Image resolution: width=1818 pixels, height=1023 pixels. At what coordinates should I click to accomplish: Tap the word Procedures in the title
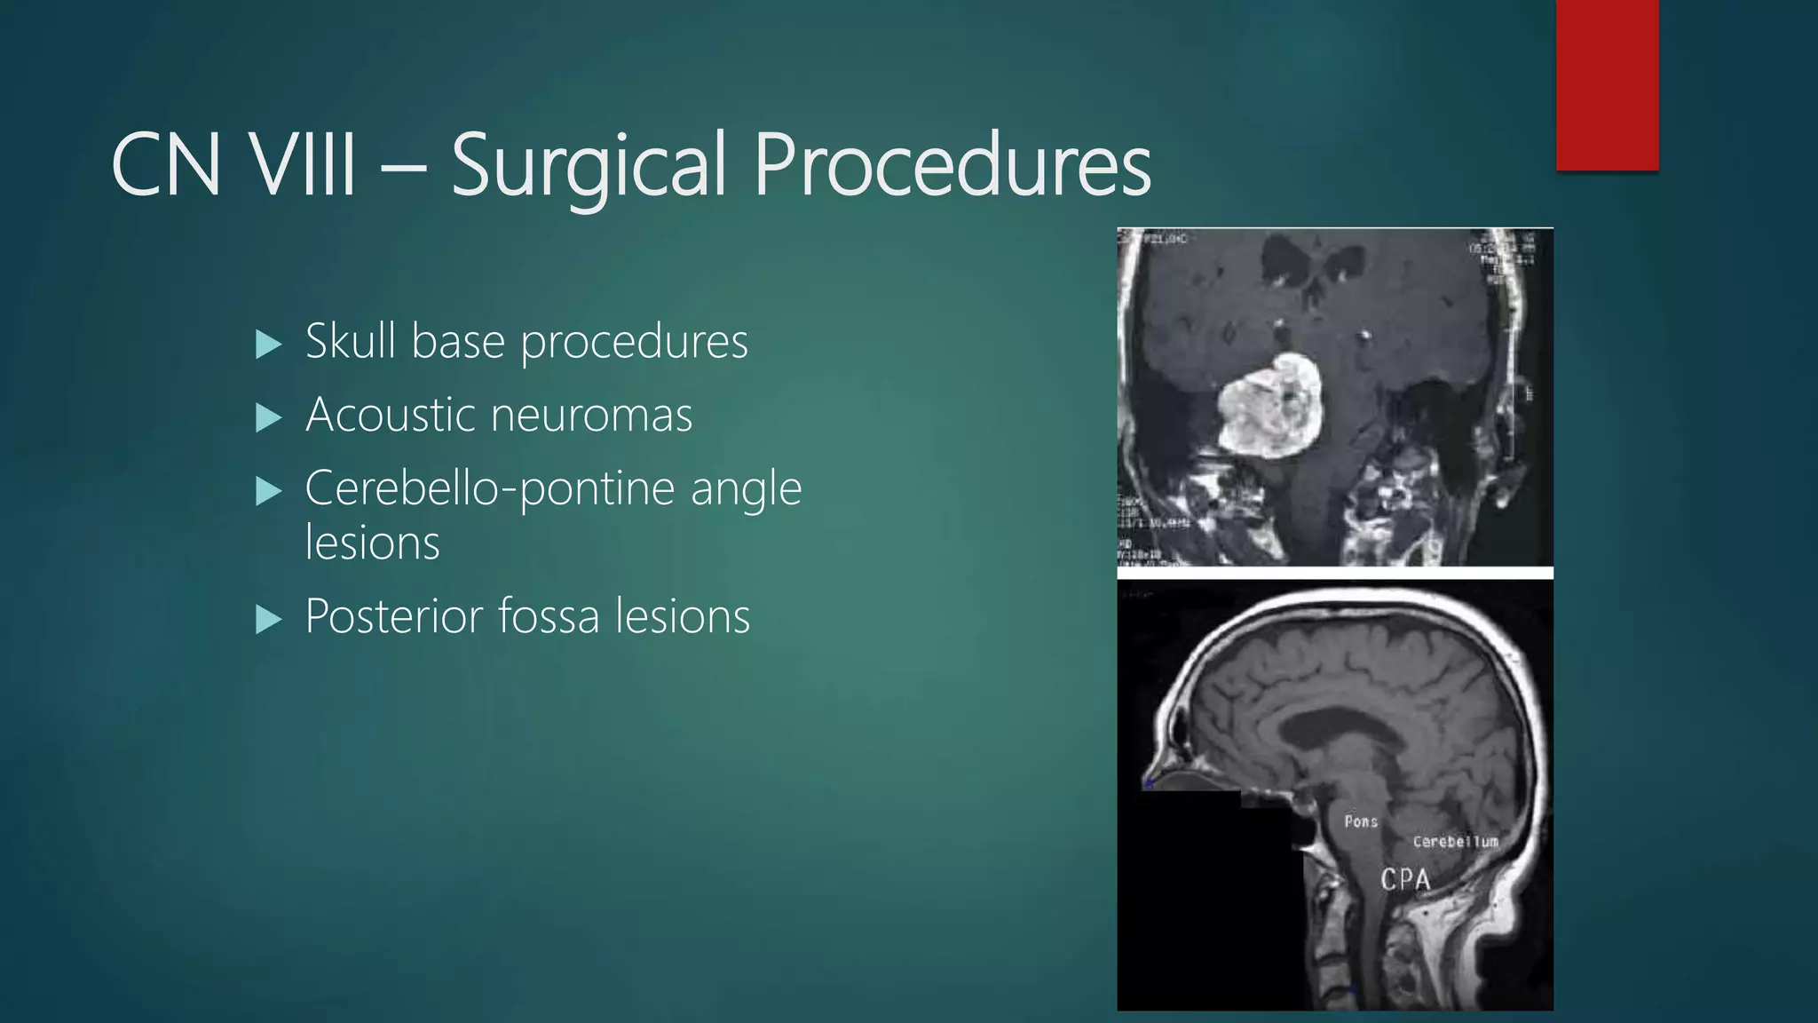[952, 165]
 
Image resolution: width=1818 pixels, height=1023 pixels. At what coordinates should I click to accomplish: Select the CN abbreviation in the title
[166, 165]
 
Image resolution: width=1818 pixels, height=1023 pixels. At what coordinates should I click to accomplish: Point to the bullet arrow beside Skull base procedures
[267, 345]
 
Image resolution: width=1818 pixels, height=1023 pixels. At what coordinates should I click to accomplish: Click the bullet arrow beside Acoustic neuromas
[267, 417]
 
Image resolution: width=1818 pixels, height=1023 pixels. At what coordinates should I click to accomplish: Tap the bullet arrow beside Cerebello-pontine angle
[267, 491]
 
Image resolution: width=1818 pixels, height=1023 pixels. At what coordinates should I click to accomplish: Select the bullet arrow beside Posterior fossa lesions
[267, 619]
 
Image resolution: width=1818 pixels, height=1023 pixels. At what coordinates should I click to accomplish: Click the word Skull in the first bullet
[351, 341]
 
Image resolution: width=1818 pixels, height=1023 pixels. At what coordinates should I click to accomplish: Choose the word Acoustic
[390, 415]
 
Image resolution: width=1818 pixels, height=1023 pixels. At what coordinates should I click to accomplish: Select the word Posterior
[394, 616]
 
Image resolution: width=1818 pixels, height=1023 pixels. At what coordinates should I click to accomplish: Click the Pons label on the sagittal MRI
[1360, 821]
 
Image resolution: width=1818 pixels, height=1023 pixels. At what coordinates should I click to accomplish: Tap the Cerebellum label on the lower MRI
[1455, 841]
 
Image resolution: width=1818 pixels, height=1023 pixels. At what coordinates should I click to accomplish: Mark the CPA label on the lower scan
[1405, 879]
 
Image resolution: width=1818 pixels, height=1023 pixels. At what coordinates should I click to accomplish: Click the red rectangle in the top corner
[1607, 85]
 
